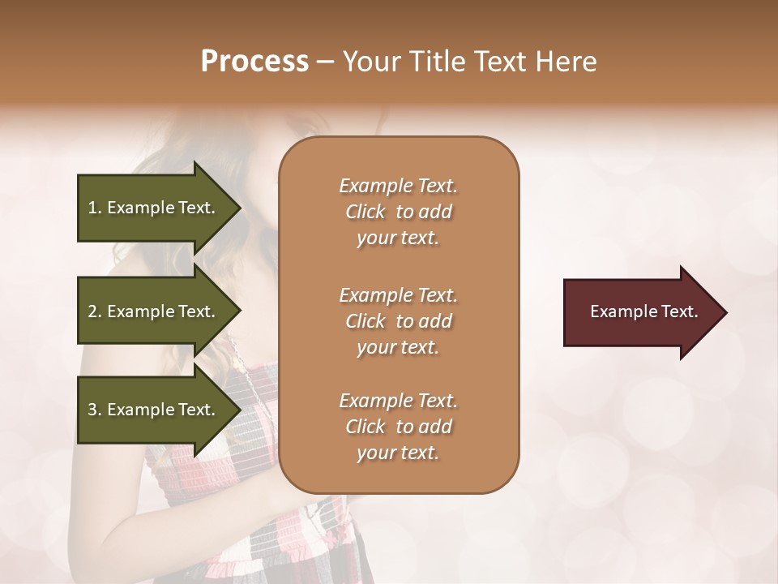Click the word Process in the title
point(254,61)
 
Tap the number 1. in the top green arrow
point(95,208)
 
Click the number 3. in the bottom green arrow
point(95,410)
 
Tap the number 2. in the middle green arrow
point(95,311)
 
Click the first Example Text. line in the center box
point(398,186)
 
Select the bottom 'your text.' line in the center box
point(398,453)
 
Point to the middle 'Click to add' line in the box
point(398,321)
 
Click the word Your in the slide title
point(370,61)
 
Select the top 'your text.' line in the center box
point(398,238)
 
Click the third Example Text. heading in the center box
point(398,401)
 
